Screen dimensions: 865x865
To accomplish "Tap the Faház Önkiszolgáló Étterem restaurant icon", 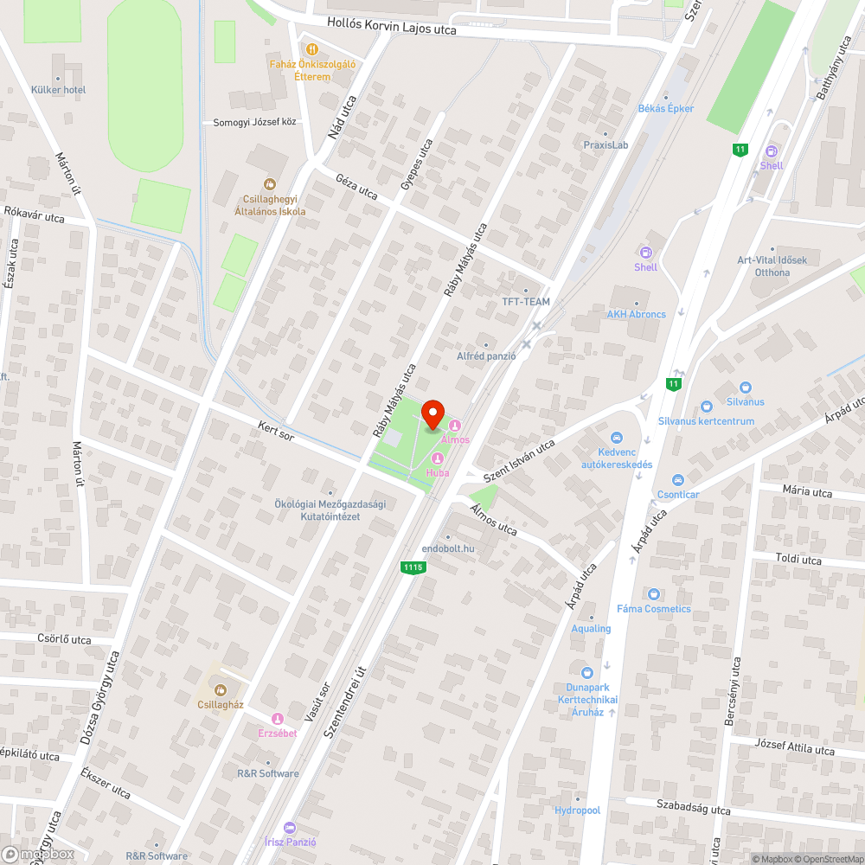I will [312, 49].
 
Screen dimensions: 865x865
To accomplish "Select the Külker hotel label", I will [59, 90].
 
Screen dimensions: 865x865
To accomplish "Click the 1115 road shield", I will [413, 567].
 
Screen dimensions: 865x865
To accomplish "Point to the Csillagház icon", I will [220, 689].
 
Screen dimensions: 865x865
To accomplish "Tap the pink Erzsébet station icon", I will [278, 719].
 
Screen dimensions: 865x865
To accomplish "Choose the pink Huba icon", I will [438, 458].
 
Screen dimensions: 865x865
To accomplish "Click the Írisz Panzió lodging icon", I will [289, 828].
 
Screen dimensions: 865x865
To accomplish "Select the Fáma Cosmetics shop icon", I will [653, 594].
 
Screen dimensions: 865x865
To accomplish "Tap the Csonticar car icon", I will [678, 480].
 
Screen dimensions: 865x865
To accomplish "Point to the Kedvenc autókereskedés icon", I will [617, 438].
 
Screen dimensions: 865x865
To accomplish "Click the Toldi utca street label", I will [798, 560].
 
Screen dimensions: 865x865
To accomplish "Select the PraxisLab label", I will [605, 145].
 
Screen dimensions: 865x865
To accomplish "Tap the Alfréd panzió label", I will [486, 356].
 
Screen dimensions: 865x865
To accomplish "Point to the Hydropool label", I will [577, 811].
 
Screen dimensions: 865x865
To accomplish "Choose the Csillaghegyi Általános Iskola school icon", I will [270, 183].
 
